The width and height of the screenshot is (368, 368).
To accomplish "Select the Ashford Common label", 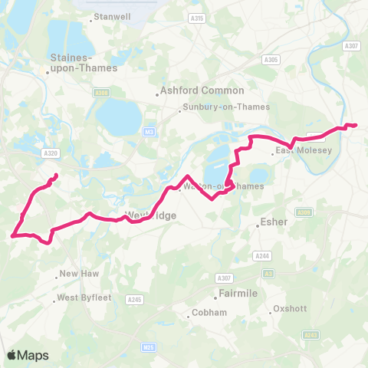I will pos(202,90).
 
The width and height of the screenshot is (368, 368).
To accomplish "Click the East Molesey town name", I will pos(304,150).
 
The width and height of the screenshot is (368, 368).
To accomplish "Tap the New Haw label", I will pos(75,274).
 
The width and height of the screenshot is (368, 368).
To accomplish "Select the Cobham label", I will pos(209,313).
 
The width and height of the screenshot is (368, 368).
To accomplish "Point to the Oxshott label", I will pos(291,309).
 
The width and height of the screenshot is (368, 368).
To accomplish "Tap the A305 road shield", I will pos(270,59).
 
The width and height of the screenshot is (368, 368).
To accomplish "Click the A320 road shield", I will pos(51,154).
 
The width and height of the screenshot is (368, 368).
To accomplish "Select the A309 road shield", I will pos(304,212).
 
